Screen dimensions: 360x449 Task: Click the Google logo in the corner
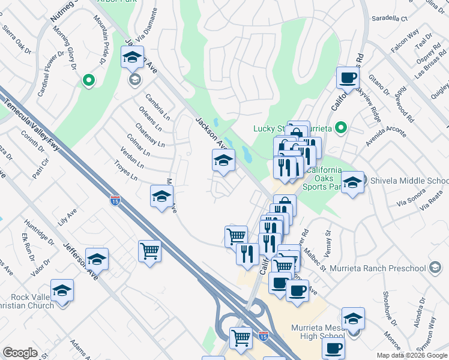(20, 353)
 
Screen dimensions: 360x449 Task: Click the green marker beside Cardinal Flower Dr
(89, 80)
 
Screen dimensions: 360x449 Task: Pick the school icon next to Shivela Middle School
(353, 182)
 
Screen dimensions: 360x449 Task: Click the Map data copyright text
(412, 355)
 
